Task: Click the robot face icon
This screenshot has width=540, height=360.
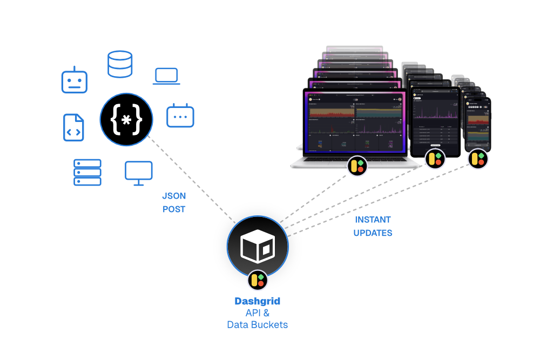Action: pyautogui.click(x=74, y=80)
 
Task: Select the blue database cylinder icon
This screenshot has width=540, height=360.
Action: pyautogui.click(x=120, y=64)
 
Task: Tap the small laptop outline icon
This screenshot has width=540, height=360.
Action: pyautogui.click(x=167, y=76)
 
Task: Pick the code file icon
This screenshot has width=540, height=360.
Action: pyautogui.click(x=74, y=127)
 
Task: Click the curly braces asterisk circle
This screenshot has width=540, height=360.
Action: pyautogui.click(x=126, y=119)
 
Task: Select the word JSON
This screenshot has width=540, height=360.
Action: pyautogui.click(x=174, y=196)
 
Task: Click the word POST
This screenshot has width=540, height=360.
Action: pyautogui.click(x=174, y=209)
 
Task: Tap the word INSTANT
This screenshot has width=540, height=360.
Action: pyautogui.click(x=373, y=220)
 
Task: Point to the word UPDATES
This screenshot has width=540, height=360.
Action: pyautogui.click(x=373, y=233)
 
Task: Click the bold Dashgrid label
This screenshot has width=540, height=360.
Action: pyautogui.click(x=257, y=301)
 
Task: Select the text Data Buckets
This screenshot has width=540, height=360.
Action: pyautogui.click(x=257, y=325)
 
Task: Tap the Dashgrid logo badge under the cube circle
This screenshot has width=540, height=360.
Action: pyautogui.click(x=258, y=280)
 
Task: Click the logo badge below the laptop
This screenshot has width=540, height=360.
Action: pyautogui.click(x=357, y=165)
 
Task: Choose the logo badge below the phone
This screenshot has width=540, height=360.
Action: pyautogui.click(x=477, y=159)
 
